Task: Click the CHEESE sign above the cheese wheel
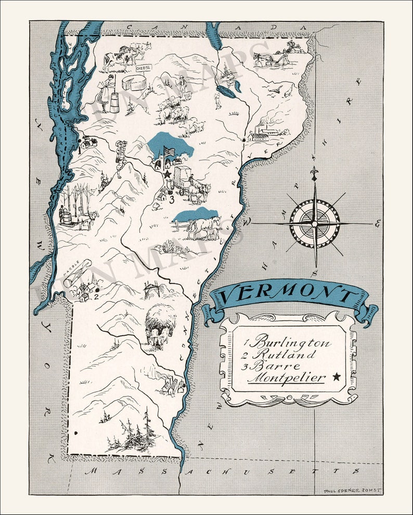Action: tap(143, 68)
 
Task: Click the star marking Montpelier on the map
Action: tap(167, 174)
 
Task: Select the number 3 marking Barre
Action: tap(171, 197)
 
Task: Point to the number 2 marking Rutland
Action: tap(96, 296)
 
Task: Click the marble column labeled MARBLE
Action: tap(78, 273)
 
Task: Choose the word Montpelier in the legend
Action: tap(286, 377)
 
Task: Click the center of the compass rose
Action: tap(314, 223)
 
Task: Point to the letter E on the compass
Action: tap(377, 224)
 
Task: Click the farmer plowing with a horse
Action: tap(276, 54)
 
